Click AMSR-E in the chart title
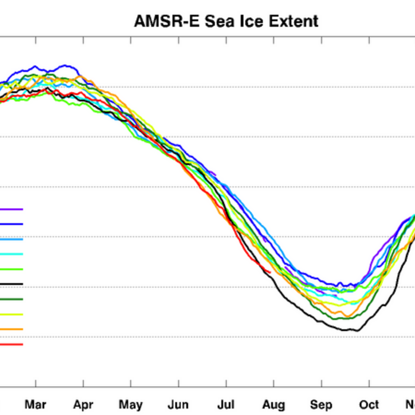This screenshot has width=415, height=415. point(167,21)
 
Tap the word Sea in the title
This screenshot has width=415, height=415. point(219,21)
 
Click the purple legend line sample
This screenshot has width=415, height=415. point(11,209)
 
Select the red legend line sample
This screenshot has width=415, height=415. point(11,344)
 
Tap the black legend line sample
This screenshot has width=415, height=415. point(11,284)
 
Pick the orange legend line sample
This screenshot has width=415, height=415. point(11,329)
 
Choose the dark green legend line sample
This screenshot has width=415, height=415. point(11,299)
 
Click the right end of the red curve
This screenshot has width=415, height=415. point(270,273)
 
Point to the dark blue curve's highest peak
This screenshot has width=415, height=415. point(65,65)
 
